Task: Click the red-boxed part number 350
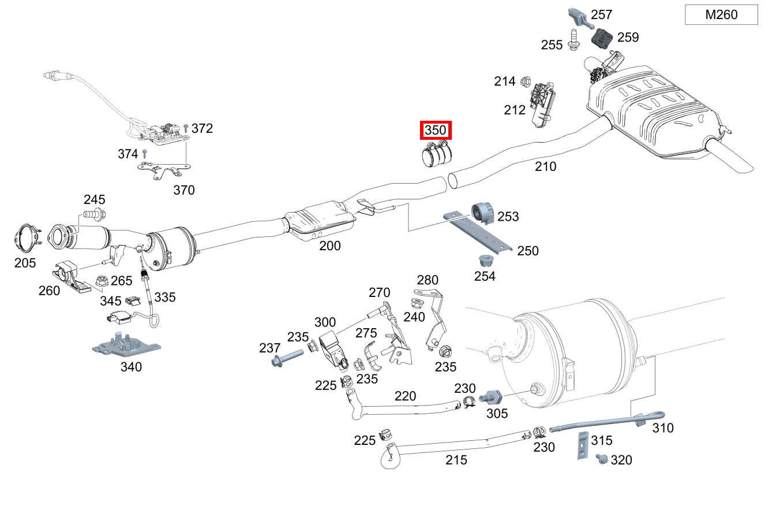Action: pos(435,131)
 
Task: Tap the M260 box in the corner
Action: pos(721,15)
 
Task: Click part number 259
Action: pos(628,38)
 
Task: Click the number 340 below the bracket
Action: pos(131,367)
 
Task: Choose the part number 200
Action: pos(330,246)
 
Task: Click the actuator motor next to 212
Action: pos(543,104)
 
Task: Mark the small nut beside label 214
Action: pos(525,81)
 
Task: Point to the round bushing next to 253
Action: pos(482,213)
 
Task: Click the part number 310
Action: pos(663,428)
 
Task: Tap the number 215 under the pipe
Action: pos(456,460)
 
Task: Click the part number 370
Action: pos(184,190)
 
